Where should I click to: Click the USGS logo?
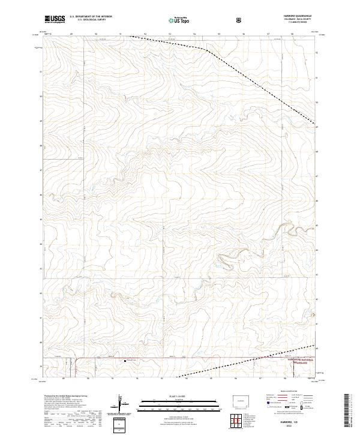click(x=55, y=20)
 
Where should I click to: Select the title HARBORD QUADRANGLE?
click(x=293, y=16)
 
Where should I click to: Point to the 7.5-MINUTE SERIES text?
click(x=293, y=23)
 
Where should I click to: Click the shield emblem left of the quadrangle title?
click(x=241, y=20)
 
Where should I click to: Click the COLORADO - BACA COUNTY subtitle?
click(x=293, y=20)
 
